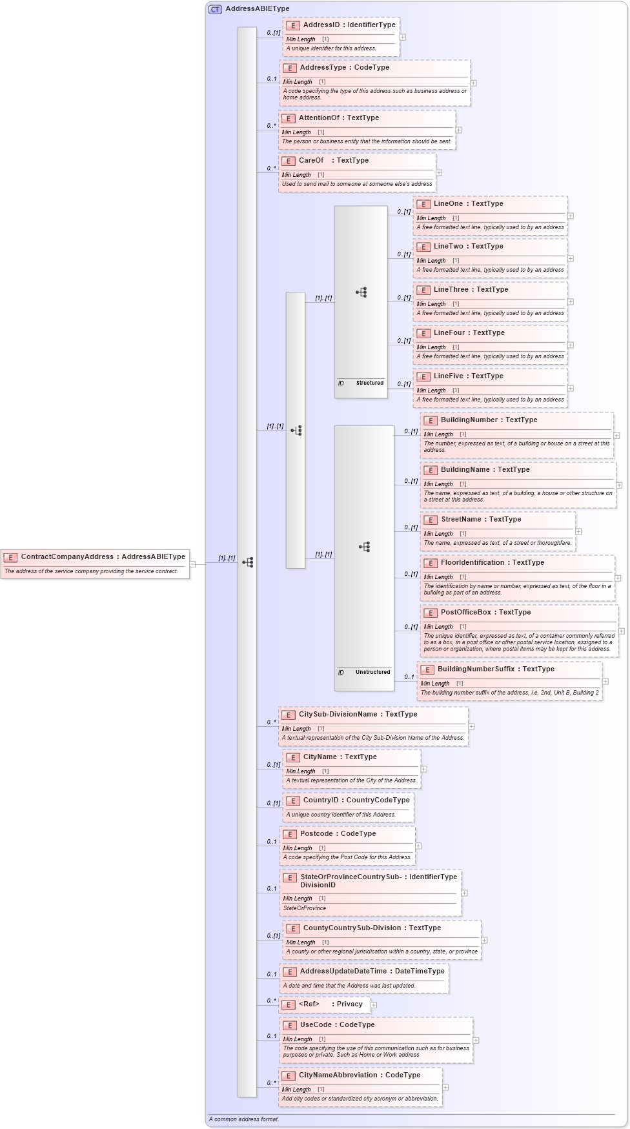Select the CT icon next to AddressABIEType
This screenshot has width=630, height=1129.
[215, 9]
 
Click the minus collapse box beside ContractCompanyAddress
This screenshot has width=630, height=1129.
[192, 564]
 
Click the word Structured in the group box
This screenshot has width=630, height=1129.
[369, 383]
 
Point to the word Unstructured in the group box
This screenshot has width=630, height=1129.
[372, 672]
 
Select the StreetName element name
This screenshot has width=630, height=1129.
[461, 520]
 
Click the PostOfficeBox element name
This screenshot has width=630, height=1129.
[465, 613]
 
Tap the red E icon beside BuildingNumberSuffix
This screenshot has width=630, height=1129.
[427, 670]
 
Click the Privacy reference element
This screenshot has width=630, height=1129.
[349, 1004]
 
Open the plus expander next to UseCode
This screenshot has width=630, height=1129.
[476, 1041]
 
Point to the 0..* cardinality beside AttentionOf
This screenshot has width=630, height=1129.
[271, 126]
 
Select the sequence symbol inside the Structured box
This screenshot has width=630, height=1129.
[361, 292]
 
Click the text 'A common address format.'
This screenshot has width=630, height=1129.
[244, 1119]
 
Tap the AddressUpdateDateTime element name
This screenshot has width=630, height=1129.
[343, 971]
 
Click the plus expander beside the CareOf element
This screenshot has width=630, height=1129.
[439, 173]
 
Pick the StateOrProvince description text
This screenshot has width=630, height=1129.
[305, 908]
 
